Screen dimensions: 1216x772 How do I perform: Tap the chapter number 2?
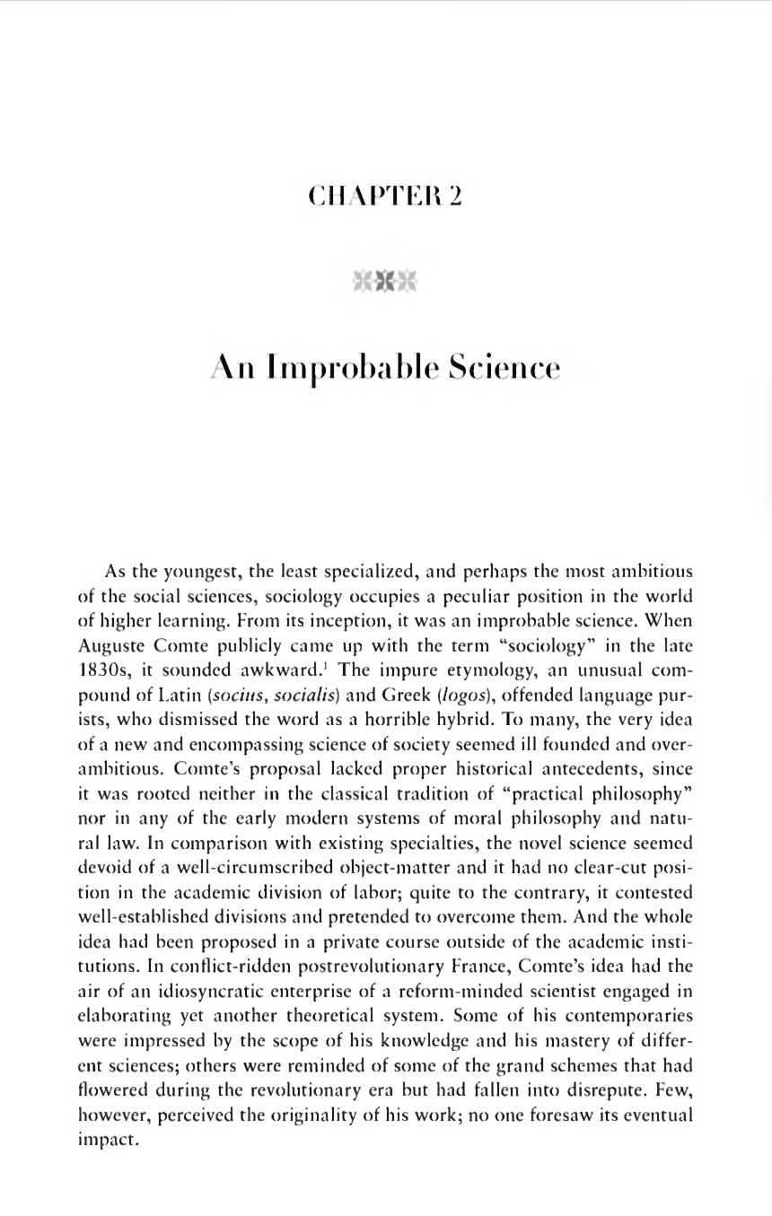[x=455, y=197]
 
